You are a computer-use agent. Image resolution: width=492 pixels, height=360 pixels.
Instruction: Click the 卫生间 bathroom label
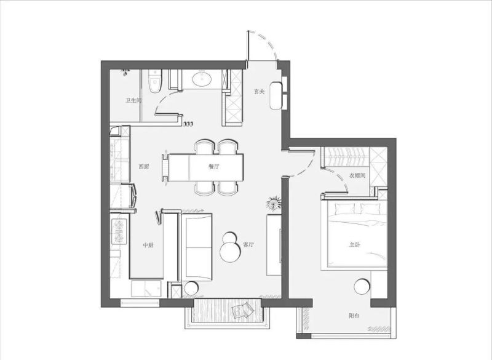pos(133,100)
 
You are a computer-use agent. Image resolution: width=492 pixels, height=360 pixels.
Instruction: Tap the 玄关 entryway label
pos(259,91)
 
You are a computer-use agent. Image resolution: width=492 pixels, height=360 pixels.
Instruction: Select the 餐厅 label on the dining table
pos(213,167)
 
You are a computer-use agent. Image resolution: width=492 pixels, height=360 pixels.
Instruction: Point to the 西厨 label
pos(144,167)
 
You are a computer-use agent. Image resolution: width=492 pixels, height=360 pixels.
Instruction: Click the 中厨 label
pos(148,245)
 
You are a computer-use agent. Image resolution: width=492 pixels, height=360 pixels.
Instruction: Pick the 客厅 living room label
pos(248,244)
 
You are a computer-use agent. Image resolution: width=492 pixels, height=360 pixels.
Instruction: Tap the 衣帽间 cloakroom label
pos(357,175)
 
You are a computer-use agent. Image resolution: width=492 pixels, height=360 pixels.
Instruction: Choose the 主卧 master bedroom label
pos(355,244)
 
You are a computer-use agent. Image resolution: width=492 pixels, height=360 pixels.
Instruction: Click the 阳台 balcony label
pos(354,316)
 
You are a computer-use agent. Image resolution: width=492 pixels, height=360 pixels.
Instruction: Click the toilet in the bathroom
pos(155,81)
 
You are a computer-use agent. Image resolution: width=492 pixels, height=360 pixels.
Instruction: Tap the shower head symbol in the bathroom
pos(125,73)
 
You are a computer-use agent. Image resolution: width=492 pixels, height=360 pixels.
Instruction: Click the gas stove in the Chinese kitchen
pos(119,232)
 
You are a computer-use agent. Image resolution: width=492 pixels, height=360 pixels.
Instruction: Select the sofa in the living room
pos(197,247)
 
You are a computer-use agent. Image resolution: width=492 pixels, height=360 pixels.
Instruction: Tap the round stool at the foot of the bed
pos(362,287)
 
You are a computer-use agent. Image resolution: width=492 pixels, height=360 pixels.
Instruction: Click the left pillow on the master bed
pos(345,209)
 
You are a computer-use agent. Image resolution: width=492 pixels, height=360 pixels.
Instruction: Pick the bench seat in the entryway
pos(276,96)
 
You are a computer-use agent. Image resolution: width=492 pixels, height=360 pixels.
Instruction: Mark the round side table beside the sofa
pos(191,288)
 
